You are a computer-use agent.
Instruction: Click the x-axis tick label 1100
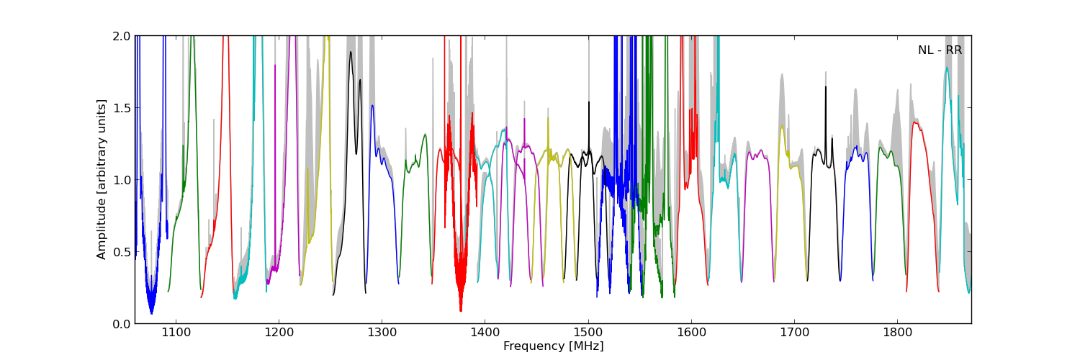176,333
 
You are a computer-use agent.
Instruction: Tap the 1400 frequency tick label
485,333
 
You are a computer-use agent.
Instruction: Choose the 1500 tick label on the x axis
588,333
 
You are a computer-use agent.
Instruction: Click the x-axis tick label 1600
691,333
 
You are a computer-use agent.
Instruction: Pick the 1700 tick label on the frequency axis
794,333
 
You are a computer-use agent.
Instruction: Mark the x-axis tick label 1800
897,333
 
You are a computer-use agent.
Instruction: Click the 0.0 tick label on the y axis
121,324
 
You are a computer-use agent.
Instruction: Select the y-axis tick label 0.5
121,252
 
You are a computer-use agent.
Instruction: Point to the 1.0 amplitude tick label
121,180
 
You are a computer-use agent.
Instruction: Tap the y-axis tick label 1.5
121,108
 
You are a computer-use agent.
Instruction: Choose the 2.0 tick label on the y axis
121,36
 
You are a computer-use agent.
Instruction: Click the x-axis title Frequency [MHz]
553,346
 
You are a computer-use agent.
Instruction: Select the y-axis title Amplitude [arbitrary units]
102,179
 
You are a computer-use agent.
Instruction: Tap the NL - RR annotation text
940,50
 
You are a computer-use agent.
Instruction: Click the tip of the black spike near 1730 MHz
825,86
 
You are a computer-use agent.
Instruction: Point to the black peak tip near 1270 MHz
351,52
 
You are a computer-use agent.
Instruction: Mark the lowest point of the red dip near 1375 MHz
461,311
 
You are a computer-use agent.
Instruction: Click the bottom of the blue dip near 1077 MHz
151,314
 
